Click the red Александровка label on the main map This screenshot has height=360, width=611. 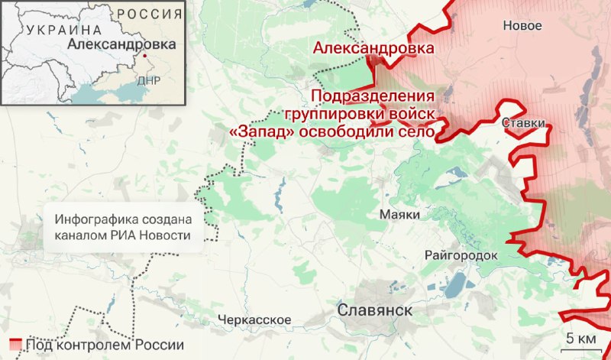pyautogui.click(x=373, y=49)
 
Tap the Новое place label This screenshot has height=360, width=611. pyautogui.click(x=522, y=26)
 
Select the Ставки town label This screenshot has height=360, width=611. pyautogui.click(x=524, y=123)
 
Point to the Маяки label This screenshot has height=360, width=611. pyautogui.click(x=399, y=215)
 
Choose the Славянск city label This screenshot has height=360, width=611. pyautogui.click(x=374, y=310)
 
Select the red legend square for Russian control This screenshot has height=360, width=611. pyautogui.click(x=15, y=343)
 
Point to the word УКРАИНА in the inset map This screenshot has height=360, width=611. pyautogui.click(x=63, y=30)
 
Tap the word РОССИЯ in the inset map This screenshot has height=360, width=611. pyautogui.click(x=150, y=14)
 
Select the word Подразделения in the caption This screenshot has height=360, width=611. pyautogui.click(x=373, y=98)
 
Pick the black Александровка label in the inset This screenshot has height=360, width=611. pyautogui.click(x=121, y=44)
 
